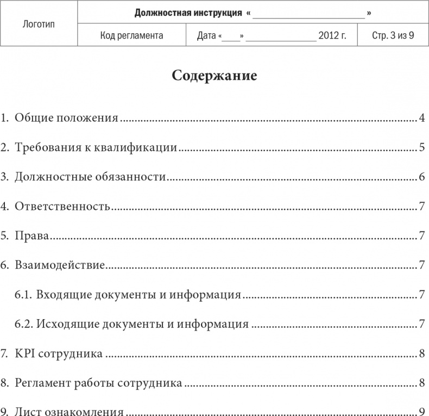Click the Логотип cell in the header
(39, 24)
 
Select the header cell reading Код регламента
(132, 36)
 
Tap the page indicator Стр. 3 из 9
(393, 36)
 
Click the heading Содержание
(214, 76)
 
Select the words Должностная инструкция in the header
(188, 12)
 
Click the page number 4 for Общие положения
(421, 118)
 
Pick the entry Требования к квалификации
(96, 147)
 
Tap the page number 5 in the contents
(421, 147)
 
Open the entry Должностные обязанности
(90, 177)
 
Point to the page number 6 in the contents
(421, 177)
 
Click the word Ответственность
(62, 206)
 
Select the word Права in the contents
(32, 236)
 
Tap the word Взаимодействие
(60, 265)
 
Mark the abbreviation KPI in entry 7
(24, 354)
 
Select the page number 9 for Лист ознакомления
(421, 412)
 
